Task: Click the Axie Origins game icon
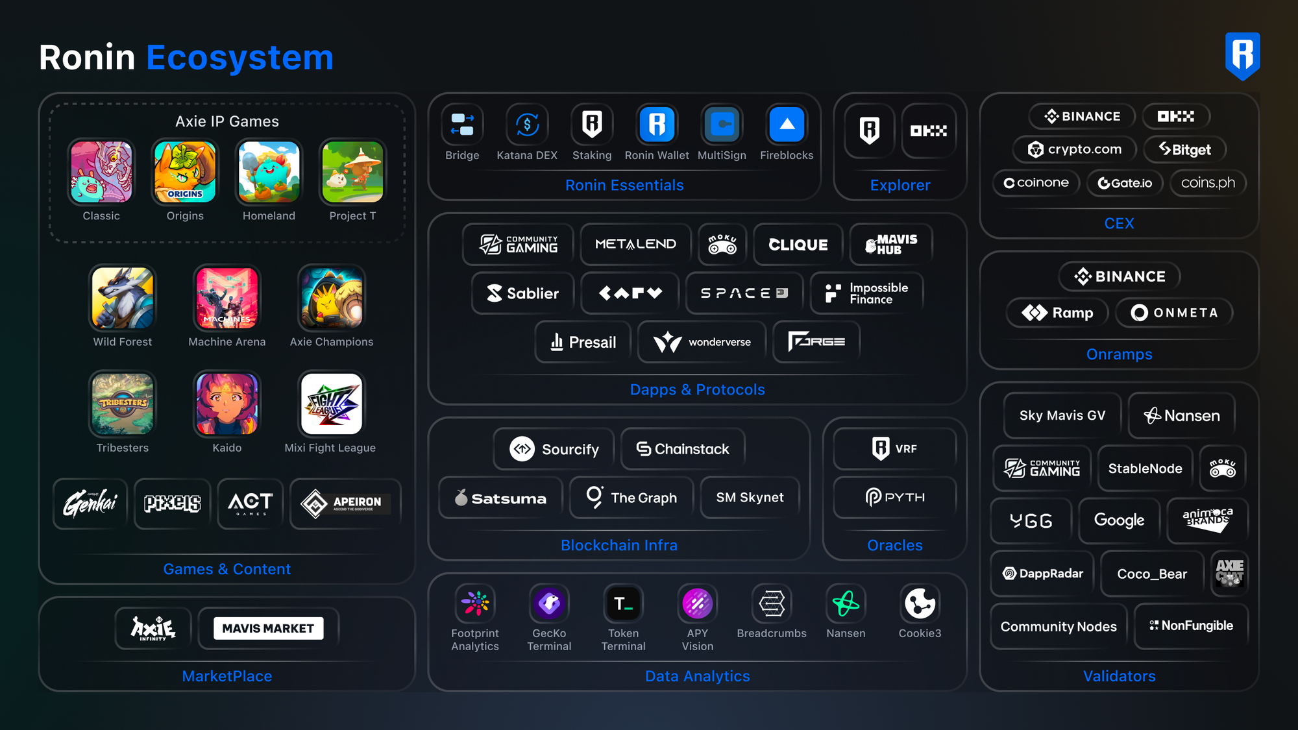(x=185, y=172)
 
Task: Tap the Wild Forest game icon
(x=123, y=298)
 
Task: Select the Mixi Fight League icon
(x=332, y=404)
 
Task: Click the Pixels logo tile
(x=172, y=504)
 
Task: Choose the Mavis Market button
(x=268, y=628)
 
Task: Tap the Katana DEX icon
(x=527, y=124)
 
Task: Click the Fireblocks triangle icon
(x=787, y=124)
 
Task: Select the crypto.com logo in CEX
(x=1075, y=149)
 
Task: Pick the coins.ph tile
(x=1208, y=183)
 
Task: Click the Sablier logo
(x=523, y=293)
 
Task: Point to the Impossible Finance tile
(x=866, y=293)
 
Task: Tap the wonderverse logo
(x=702, y=342)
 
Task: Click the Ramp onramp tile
(x=1057, y=313)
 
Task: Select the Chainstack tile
(x=683, y=449)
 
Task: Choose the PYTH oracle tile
(x=895, y=498)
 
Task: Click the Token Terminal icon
(x=623, y=604)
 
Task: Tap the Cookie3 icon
(x=920, y=604)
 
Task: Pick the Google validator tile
(x=1119, y=520)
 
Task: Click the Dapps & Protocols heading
(x=697, y=389)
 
